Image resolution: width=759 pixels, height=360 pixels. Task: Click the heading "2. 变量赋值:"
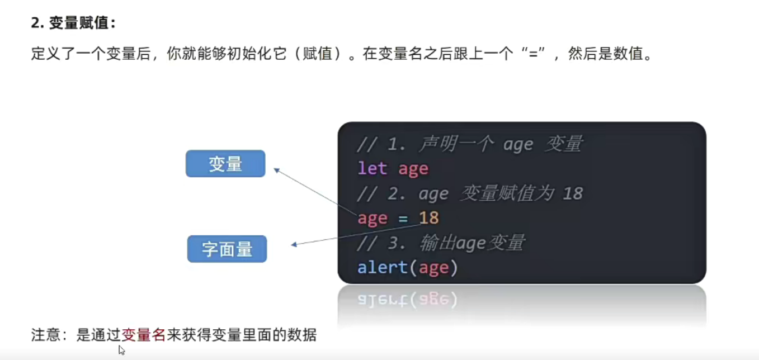pyautogui.click(x=73, y=23)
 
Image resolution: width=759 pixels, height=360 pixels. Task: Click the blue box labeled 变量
pyautogui.click(x=225, y=164)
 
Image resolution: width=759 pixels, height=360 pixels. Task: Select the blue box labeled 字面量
pyautogui.click(x=227, y=249)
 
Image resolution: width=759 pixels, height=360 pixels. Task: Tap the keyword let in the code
pyautogui.click(x=373, y=168)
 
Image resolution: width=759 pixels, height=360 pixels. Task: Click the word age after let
pyautogui.click(x=413, y=168)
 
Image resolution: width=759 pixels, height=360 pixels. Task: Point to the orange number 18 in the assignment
pyautogui.click(x=428, y=217)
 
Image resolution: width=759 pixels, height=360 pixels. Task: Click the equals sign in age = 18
pyautogui.click(x=403, y=218)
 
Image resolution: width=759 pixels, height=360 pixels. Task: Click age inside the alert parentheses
pyautogui.click(x=433, y=268)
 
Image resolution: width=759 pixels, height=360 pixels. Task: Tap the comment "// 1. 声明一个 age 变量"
pyautogui.click(x=470, y=144)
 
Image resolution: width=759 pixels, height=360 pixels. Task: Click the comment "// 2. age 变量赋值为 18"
pyautogui.click(x=470, y=193)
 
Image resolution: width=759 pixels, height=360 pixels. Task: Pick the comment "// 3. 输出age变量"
pyautogui.click(x=441, y=243)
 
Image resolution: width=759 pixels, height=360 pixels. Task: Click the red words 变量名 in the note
pyautogui.click(x=144, y=335)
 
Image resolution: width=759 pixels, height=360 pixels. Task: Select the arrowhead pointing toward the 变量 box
pyautogui.click(x=277, y=170)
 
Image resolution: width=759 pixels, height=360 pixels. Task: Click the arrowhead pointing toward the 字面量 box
pyautogui.click(x=295, y=244)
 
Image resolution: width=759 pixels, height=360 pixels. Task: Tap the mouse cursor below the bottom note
pyautogui.click(x=121, y=349)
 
